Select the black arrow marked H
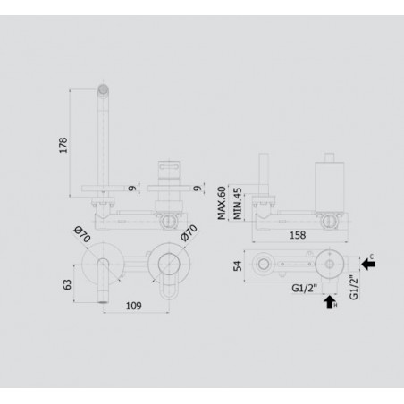tap(331, 302)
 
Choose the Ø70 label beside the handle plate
tap(189, 234)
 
